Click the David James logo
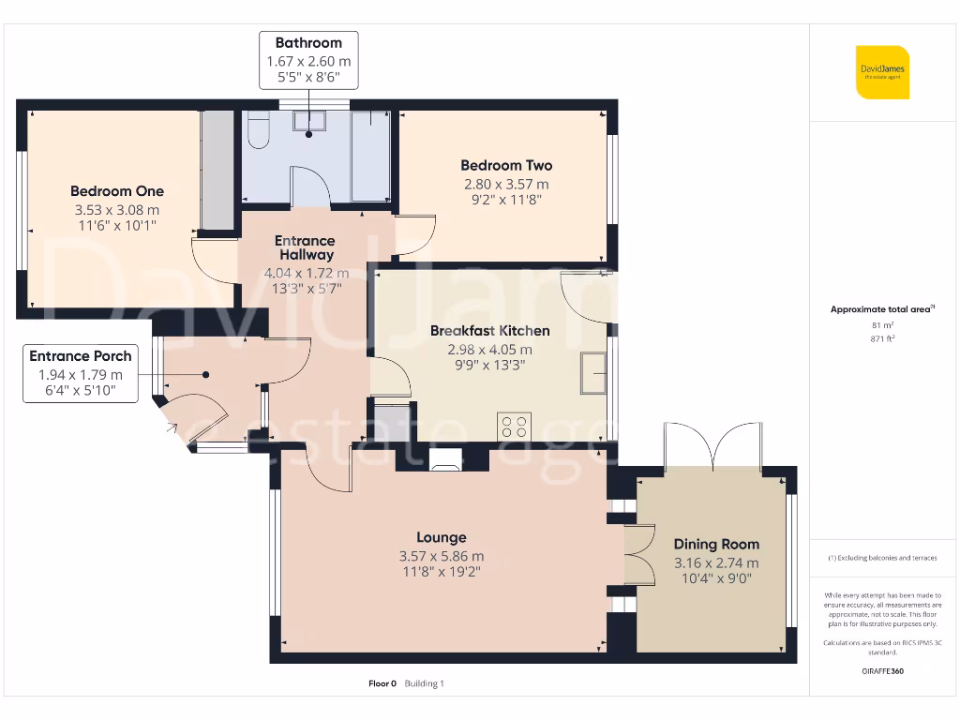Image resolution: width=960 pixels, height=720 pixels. pyautogui.click(x=882, y=72)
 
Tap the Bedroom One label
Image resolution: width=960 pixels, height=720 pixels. pyautogui.click(x=117, y=191)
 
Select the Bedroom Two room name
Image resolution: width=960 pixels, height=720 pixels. pyautogui.click(x=506, y=165)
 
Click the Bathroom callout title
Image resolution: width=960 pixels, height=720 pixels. pyautogui.click(x=308, y=42)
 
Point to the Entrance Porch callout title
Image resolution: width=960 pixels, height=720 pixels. pyautogui.click(x=81, y=356)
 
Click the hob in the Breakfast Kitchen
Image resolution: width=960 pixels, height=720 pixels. pyautogui.click(x=514, y=427)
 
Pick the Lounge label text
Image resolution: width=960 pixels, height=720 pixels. pyautogui.click(x=442, y=537)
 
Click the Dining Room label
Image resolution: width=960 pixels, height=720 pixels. pyautogui.click(x=716, y=544)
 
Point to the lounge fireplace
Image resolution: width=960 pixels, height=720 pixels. pyautogui.click(x=444, y=458)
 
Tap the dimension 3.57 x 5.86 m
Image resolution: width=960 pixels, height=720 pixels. pyautogui.click(x=442, y=556)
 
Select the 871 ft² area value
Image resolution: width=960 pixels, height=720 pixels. pyautogui.click(x=882, y=338)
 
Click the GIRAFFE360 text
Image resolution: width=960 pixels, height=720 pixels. pyautogui.click(x=882, y=671)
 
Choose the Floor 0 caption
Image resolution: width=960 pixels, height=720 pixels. pyautogui.click(x=382, y=683)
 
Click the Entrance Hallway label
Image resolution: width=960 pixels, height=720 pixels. pyautogui.click(x=305, y=247)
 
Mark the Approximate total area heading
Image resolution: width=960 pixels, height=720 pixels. pyautogui.click(x=882, y=309)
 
